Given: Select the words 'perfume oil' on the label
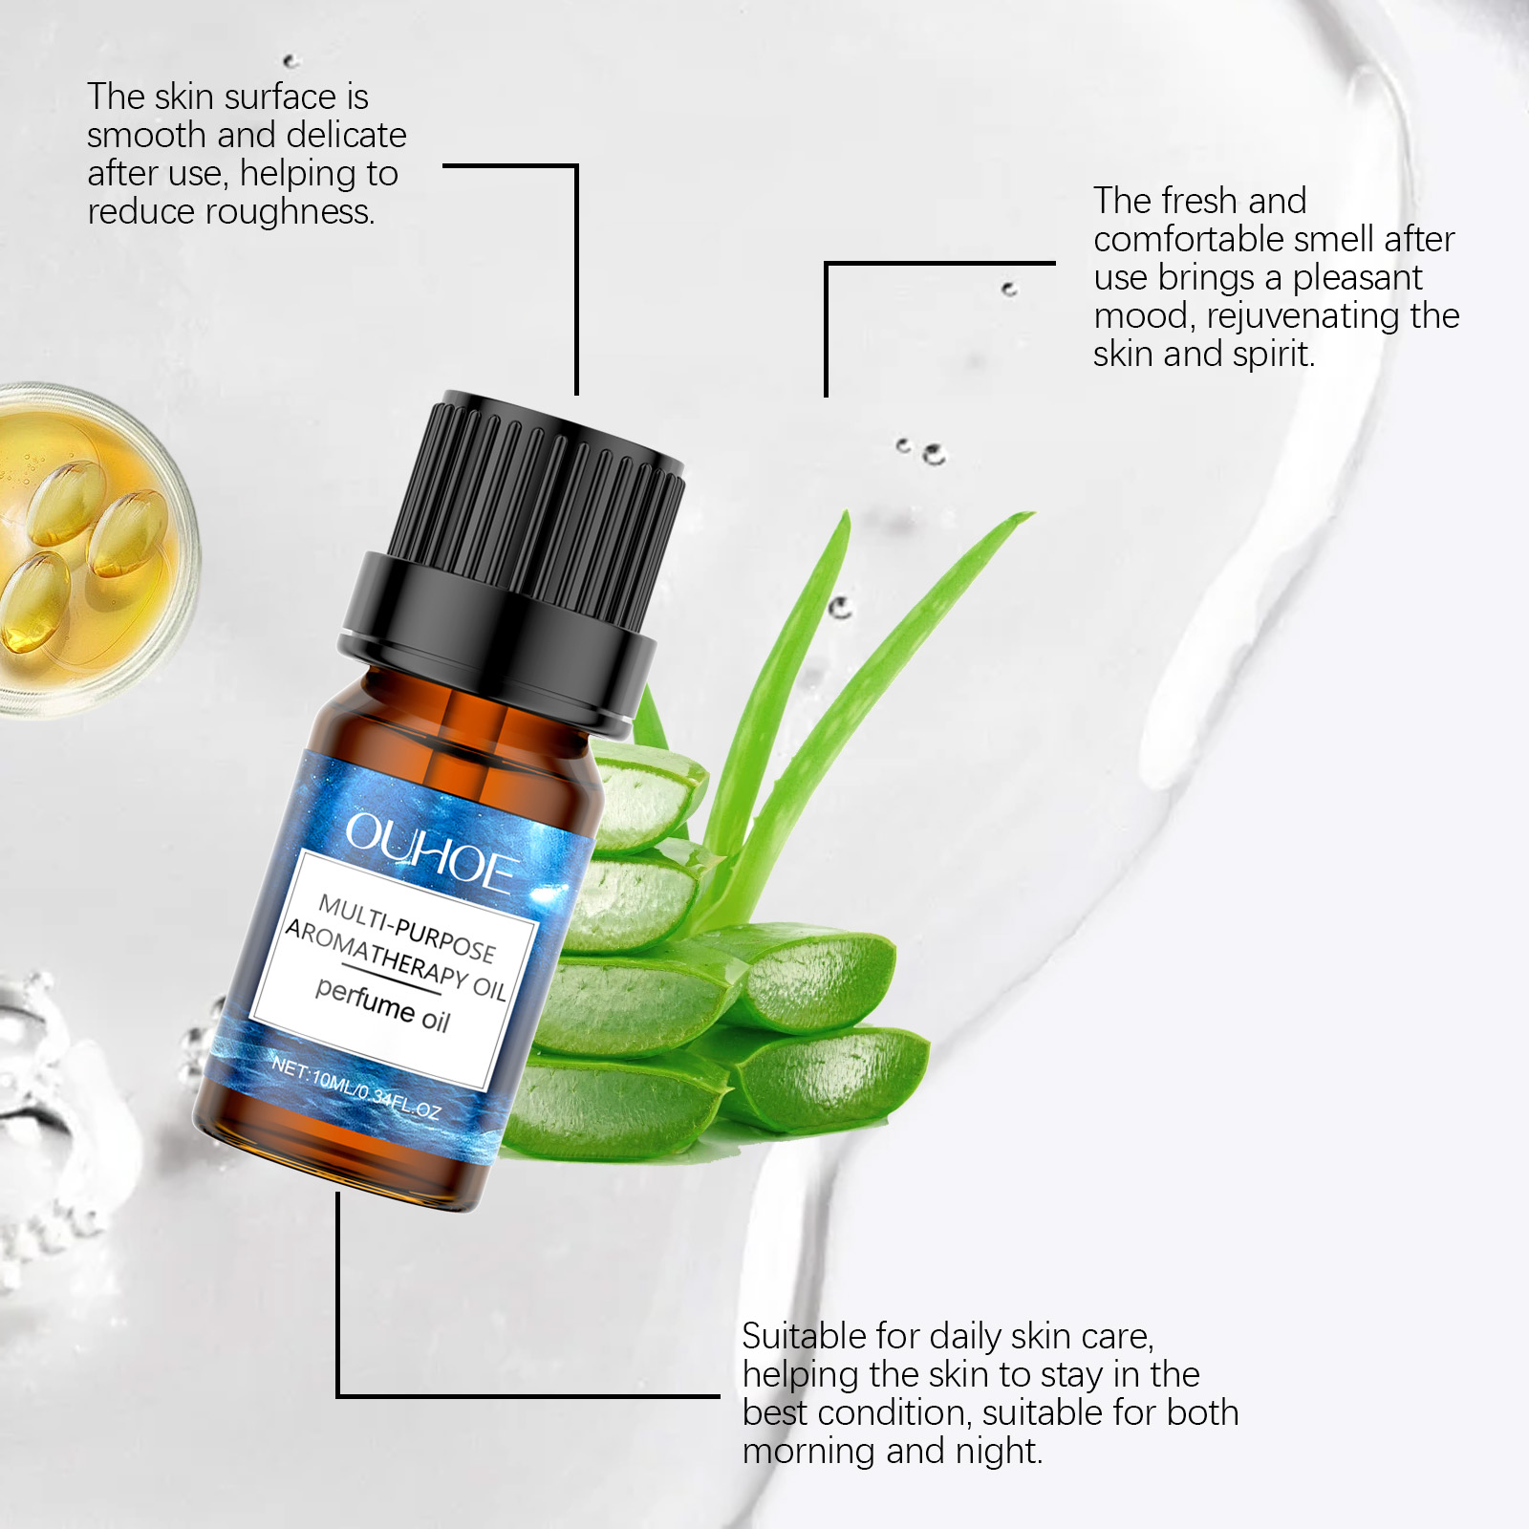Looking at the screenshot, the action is coord(382,1005).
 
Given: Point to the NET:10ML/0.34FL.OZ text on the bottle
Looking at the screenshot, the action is coord(355,1088).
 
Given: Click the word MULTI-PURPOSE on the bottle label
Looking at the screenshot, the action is coord(407,928).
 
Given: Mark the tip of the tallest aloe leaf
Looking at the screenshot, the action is coord(1034,514).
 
